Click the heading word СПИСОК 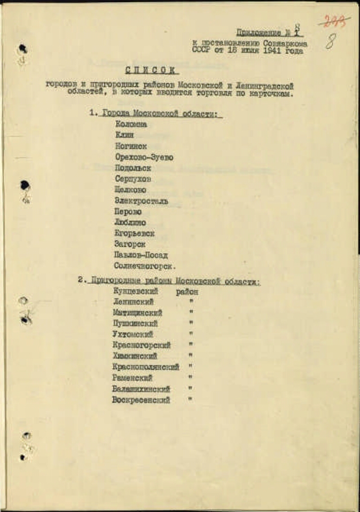coord(151,70)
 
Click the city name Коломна coord(131,124)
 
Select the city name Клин coord(124,135)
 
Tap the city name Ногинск coord(131,146)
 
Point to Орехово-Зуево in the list coord(144,157)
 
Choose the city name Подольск coord(133,168)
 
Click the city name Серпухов coord(133,179)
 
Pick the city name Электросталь coord(141,201)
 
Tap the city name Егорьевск coord(134,233)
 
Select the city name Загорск coord(130,245)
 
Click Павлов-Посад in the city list coord(141,255)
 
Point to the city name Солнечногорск coord(145,266)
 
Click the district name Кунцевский coord(135,291)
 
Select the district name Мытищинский coord(137,313)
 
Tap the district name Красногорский coord(141,345)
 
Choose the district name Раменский coord(132,378)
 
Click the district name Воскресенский coord(141,400)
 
